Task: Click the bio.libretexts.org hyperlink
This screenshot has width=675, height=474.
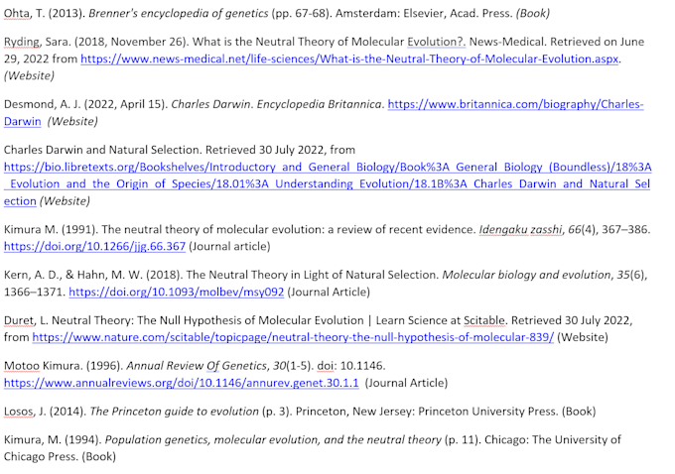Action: coord(328,167)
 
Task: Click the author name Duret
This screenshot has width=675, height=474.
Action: coord(21,320)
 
